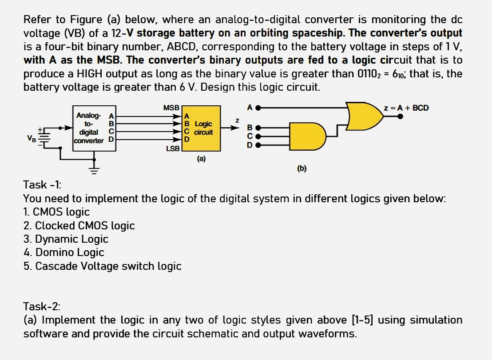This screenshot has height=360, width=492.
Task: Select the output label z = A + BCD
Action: point(407,108)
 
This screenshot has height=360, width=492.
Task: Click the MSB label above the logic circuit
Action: point(171,108)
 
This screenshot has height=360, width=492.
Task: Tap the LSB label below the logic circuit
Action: point(173,148)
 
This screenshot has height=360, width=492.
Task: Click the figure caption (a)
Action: point(201,158)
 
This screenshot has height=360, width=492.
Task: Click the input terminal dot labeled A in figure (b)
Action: point(258,108)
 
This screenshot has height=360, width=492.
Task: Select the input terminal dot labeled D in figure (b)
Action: point(258,145)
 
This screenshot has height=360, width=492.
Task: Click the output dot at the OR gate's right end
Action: point(401,116)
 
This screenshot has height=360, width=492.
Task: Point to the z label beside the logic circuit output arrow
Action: point(238,120)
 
